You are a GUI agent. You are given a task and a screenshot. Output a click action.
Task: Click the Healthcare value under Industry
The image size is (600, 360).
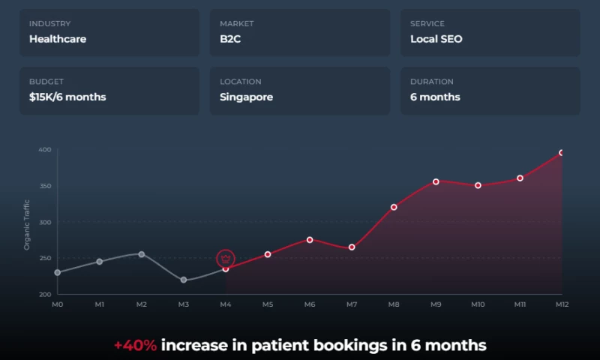point(58,39)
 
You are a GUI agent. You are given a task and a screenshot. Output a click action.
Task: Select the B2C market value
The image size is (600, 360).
point(229,39)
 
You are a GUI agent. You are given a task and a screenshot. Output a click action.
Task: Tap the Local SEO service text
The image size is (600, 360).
point(436,39)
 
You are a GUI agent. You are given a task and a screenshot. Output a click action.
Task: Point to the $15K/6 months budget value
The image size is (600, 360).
point(67,97)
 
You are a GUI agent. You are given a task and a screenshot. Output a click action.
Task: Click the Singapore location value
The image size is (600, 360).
point(246,97)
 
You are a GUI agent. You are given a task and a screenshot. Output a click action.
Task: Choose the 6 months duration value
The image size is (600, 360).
point(435,97)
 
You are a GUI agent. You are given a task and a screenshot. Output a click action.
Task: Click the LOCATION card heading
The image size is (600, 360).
point(241,82)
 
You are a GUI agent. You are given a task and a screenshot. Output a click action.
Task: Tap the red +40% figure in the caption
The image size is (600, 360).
point(135,346)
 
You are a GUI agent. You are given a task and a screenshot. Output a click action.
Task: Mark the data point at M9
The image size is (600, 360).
point(436,181)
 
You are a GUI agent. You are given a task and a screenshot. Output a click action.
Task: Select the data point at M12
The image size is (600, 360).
point(562,153)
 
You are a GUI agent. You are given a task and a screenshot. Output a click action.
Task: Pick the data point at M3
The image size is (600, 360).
point(184,280)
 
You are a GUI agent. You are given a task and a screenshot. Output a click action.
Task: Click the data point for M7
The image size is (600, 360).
point(352,247)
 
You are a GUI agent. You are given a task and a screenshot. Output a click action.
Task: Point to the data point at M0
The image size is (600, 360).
point(58,272)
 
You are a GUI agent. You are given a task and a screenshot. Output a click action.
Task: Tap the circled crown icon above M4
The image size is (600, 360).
point(226,259)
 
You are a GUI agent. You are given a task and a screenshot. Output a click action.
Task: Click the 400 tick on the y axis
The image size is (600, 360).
point(44,150)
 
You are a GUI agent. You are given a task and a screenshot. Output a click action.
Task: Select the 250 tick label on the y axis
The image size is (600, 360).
point(44,259)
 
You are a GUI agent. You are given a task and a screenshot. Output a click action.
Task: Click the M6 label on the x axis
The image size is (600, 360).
point(310,304)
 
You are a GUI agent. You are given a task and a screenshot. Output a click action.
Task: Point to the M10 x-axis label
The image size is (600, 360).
point(478,304)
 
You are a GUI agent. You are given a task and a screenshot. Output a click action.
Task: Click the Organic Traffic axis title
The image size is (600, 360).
point(27,223)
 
